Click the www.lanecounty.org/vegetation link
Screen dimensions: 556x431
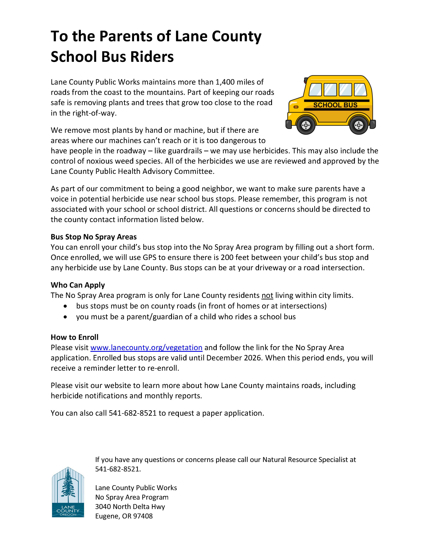click(x=146, y=347)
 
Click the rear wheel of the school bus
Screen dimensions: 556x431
click(x=358, y=125)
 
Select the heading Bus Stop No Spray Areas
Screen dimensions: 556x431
click(x=94, y=237)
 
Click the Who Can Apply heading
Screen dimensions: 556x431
click(x=78, y=285)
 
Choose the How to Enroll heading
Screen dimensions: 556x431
click(x=74, y=337)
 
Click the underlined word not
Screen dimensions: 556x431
click(x=267, y=295)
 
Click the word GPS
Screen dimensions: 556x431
click(x=149, y=257)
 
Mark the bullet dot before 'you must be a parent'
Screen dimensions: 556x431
click(x=66, y=317)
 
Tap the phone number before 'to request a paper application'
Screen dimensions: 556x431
click(x=133, y=413)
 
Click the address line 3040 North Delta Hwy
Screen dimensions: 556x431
click(x=130, y=507)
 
